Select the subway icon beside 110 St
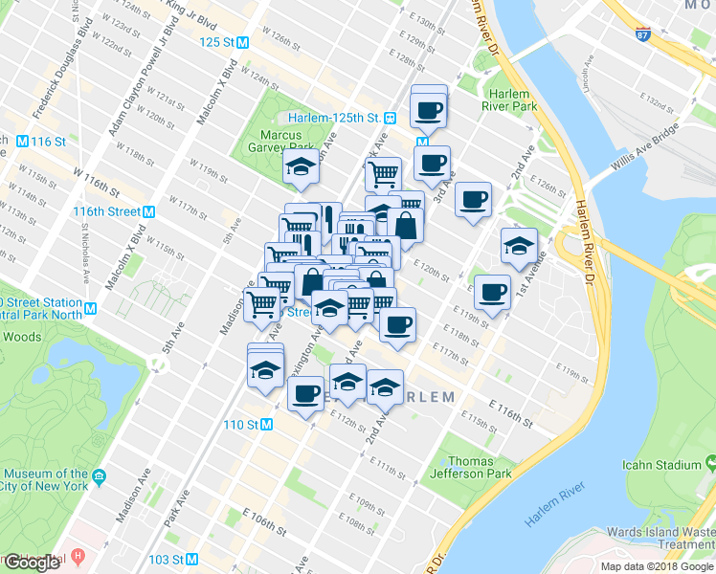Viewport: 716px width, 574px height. tap(267, 424)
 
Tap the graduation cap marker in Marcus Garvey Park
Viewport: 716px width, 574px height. tap(301, 168)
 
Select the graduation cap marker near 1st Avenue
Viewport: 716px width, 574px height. tap(519, 246)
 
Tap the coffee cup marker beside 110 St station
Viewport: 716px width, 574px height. tap(305, 392)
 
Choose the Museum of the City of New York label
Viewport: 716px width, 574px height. tap(45, 479)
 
